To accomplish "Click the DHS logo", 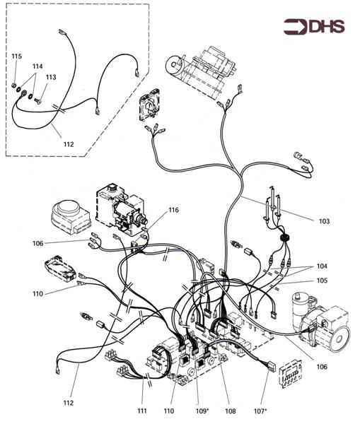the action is point(314,27).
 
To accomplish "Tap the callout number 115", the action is point(16,57).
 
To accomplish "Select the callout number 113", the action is point(51,77).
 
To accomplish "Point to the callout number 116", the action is point(173,210).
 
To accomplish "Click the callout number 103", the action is point(324,221).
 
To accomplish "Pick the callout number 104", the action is point(322,266).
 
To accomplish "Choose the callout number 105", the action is point(322,281).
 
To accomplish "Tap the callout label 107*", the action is point(260,411).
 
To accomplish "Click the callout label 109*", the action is point(202,411).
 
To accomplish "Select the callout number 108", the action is point(231,411).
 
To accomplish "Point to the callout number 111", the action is point(142,411).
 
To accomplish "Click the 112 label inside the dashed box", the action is point(69,144).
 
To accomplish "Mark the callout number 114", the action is point(37,66).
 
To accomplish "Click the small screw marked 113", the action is point(38,101).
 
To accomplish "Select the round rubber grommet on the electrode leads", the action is point(284,238).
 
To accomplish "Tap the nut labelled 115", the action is point(13,86).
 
